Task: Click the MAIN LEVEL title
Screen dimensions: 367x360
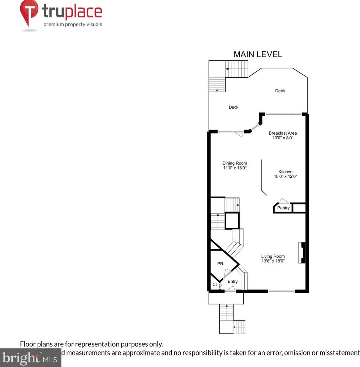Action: point(258,54)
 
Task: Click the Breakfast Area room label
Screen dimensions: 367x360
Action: point(283,133)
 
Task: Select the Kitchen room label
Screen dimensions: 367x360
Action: point(285,172)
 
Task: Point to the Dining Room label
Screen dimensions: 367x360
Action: point(235,163)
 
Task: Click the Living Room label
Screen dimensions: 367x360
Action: point(273,256)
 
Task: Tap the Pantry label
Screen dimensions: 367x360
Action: point(283,208)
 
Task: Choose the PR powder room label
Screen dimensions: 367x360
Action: point(220,264)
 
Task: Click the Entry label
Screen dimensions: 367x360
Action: point(232,282)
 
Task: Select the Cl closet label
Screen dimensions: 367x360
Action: point(214,284)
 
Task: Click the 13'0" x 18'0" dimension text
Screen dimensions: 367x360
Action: point(273,261)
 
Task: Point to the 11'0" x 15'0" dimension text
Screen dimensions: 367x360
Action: point(235,168)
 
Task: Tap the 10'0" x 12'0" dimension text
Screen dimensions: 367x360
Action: point(285,177)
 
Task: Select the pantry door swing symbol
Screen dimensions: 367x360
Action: point(283,201)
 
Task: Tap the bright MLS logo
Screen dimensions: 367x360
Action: point(30,358)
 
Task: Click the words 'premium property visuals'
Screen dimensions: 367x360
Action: point(73,25)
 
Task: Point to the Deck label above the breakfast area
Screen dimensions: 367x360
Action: point(280,91)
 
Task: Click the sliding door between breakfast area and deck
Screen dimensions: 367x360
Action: point(284,114)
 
